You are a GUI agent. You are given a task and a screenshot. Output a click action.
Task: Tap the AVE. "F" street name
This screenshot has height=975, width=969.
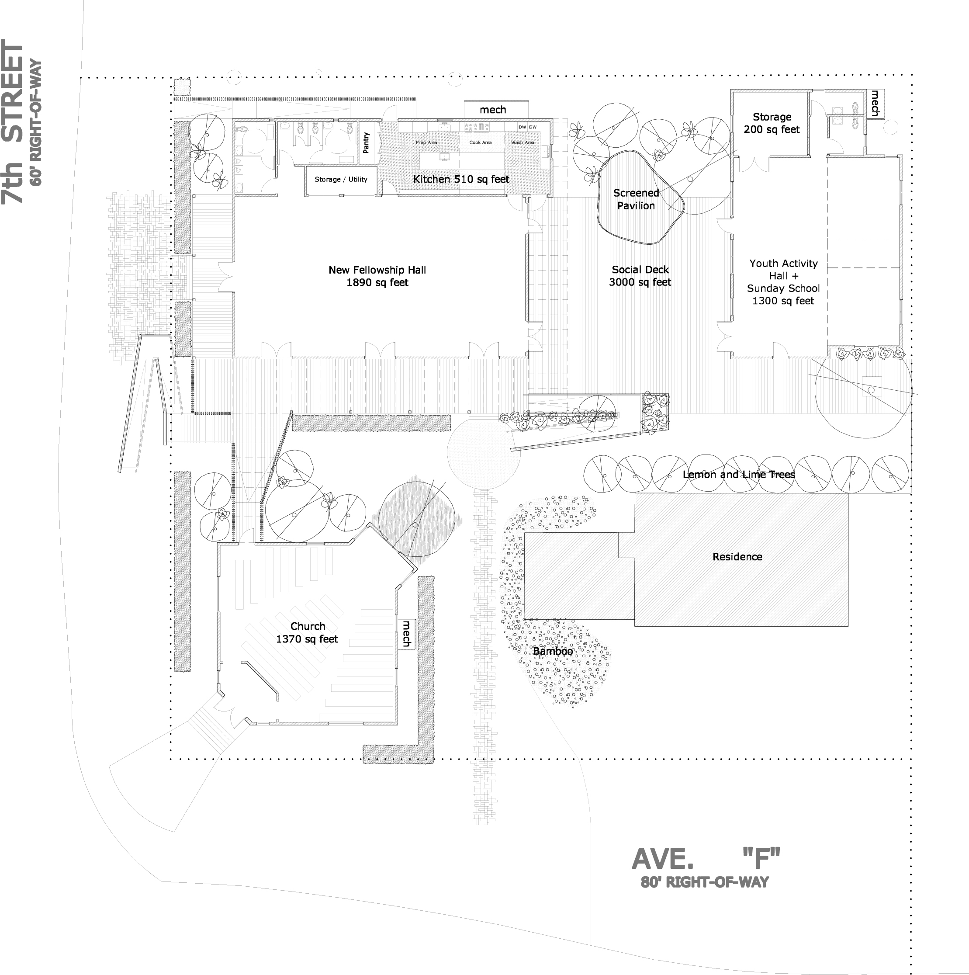(706, 857)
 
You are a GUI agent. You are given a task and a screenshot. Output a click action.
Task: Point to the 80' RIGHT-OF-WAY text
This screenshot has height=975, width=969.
(705, 882)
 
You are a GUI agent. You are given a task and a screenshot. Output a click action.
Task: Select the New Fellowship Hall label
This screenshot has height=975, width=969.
(377, 276)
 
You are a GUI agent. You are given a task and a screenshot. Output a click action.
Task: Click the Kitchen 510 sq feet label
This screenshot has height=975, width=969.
(461, 179)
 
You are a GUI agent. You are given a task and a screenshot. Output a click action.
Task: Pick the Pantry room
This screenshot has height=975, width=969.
(367, 143)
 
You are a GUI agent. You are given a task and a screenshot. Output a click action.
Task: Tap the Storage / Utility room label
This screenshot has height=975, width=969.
(341, 179)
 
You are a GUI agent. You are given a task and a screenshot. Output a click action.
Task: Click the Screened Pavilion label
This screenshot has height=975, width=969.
(636, 199)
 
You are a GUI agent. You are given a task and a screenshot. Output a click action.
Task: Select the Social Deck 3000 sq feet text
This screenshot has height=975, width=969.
(640, 276)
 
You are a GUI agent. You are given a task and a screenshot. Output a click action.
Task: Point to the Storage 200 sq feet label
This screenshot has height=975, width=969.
(772, 123)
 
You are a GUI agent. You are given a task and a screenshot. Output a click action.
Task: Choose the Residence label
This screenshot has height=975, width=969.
(737, 557)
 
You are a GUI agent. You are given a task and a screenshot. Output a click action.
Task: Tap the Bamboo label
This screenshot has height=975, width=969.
(553, 652)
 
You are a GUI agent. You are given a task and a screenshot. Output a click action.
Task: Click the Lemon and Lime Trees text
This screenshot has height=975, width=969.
(738, 474)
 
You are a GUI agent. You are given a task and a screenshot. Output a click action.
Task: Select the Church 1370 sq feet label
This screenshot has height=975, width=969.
(307, 632)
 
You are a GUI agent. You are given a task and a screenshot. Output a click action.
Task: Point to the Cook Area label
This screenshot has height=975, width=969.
(480, 142)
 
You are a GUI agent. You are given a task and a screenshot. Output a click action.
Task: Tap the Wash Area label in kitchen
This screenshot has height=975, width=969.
(523, 142)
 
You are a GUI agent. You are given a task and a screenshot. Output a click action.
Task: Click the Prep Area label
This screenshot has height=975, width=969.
(426, 142)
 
